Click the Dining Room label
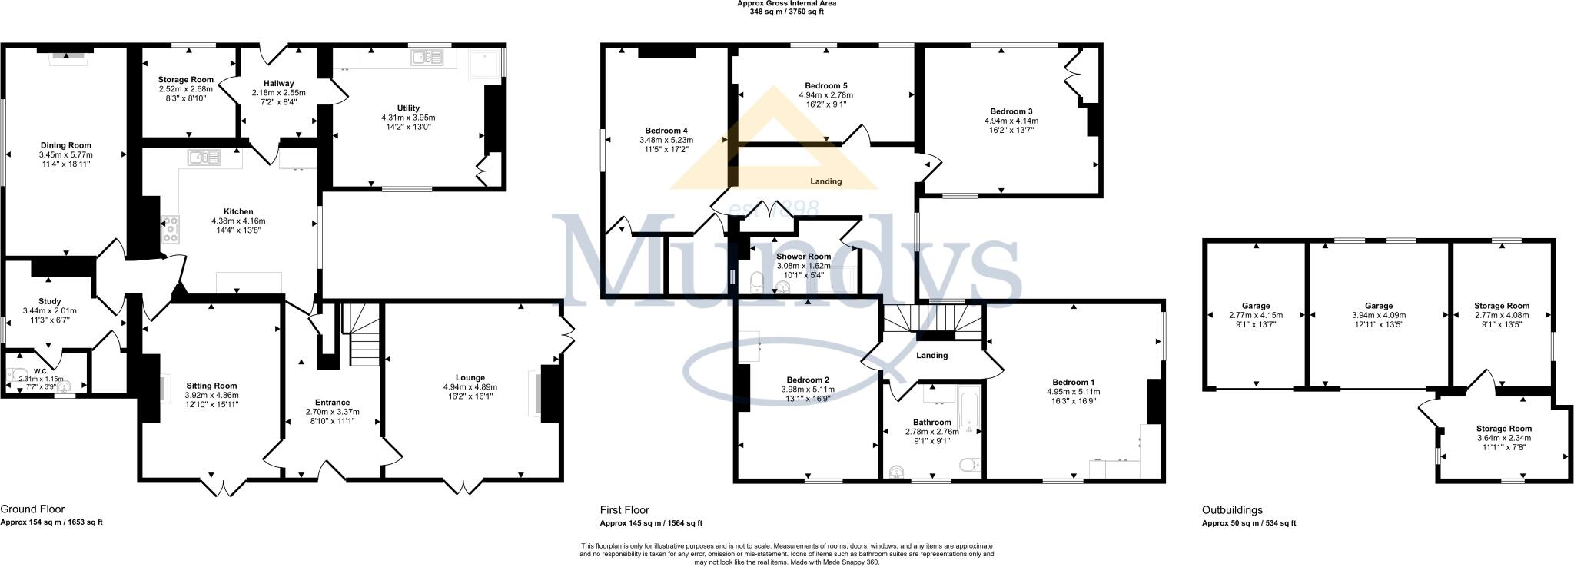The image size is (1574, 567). tap(66, 145)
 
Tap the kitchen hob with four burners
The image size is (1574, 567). tap(170, 229)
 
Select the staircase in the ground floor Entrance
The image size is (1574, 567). tap(361, 336)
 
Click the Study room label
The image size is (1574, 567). tap(49, 301)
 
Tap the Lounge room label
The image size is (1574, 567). tap(470, 377)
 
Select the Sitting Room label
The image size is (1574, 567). tap(211, 386)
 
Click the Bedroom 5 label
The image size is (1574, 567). tap(826, 85)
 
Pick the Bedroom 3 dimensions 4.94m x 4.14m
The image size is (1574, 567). tap(1011, 121)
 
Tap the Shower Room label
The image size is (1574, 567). tap(803, 257)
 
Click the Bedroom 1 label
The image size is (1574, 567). tap(1074, 382)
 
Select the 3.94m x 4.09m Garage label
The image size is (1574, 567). tap(1379, 315)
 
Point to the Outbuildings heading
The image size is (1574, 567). tap(1232, 510)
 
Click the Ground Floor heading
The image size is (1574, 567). tap(32, 509)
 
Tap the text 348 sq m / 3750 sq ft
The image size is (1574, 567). tap(786, 12)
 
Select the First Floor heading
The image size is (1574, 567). tap(624, 510)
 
